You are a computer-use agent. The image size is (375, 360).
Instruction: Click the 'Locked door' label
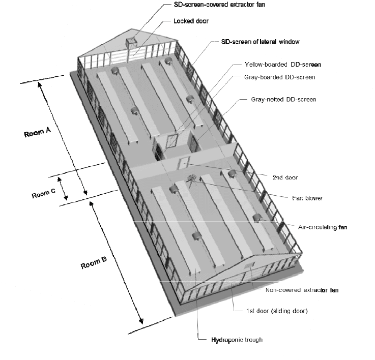coord(191,22)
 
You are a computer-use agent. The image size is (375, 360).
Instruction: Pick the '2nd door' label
coord(285,177)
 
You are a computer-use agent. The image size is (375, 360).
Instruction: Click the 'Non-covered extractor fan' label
coord(302,290)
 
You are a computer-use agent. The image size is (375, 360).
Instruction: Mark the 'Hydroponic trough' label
coord(230,339)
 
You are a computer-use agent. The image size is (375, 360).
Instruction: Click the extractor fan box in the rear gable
coord(133,43)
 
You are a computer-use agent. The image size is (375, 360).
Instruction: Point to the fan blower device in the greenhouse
coord(192,178)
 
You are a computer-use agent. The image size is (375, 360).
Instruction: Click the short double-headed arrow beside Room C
coord(64,188)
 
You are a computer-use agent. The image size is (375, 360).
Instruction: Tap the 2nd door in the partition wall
coord(184,162)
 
